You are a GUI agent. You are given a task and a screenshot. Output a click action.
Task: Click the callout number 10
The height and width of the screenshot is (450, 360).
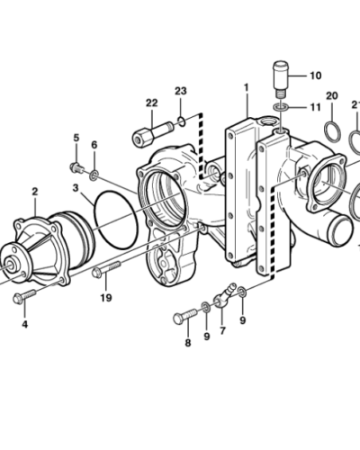click(x=316, y=76)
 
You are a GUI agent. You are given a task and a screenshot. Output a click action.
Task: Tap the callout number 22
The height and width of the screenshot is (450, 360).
click(x=152, y=103)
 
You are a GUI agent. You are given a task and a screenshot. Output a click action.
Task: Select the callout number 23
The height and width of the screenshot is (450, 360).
click(x=181, y=91)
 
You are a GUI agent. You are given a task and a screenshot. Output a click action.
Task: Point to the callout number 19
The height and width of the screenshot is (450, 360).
click(x=106, y=298)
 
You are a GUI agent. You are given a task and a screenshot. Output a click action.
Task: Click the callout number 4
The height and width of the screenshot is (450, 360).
click(x=25, y=324)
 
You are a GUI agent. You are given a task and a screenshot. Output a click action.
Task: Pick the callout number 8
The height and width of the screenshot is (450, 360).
click(x=188, y=343)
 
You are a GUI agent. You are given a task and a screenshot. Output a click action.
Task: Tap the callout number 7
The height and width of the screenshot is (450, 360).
click(x=222, y=330)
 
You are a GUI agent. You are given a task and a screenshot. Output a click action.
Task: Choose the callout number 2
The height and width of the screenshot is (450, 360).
click(x=35, y=192)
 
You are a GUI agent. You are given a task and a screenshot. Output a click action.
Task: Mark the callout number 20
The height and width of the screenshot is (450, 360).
click(x=332, y=96)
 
